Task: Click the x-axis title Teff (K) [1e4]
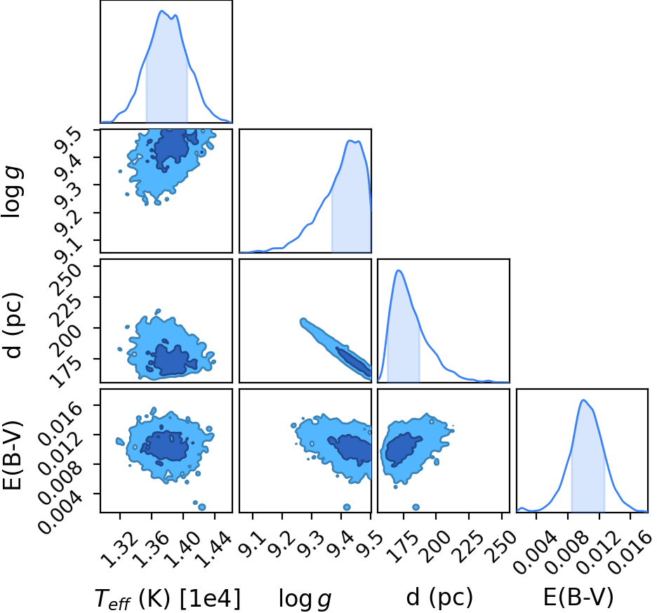(168, 598)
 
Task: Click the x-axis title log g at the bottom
(305, 599)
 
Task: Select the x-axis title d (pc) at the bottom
(439, 597)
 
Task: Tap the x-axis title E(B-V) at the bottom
(578, 597)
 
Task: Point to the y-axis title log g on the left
(12, 191)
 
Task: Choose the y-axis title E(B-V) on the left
(12, 455)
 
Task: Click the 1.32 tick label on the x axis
(119, 548)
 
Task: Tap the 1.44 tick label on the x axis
(213, 548)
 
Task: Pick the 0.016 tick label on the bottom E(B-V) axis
(630, 552)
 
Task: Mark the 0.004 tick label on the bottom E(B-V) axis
(536, 552)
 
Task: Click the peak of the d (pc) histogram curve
(399, 270)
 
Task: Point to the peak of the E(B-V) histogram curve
(583, 400)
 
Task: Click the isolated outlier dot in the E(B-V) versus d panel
(416, 507)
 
